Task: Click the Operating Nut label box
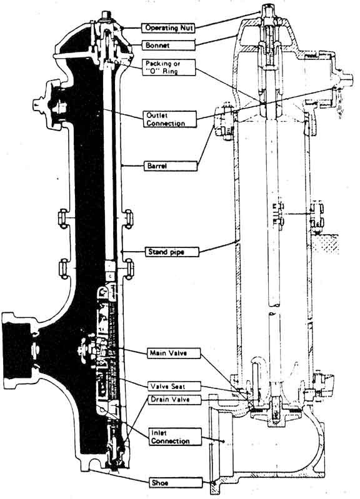click(x=168, y=27)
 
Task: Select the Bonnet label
click(x=168, y=45)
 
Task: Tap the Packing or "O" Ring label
click(x=169, y=67)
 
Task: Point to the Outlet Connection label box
click(x=169, y=119)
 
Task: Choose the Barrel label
click(x=171, y=166)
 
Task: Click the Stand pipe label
click(x=172, y=252)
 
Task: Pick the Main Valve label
click(x=174, y=353)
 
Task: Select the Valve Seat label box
click(x=174, y=387)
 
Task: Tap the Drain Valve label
click(x=175, y=400)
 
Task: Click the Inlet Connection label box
click(x=175, y=437)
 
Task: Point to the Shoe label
click(x=176, y=483)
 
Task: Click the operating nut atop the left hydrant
click(x=106, y=15)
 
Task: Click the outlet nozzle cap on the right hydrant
click(x=345, y=78)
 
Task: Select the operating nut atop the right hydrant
click(x=267, y=11)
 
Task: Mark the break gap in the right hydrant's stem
click(x=273, y=309)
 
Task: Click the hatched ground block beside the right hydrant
click(x=326, y=244)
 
